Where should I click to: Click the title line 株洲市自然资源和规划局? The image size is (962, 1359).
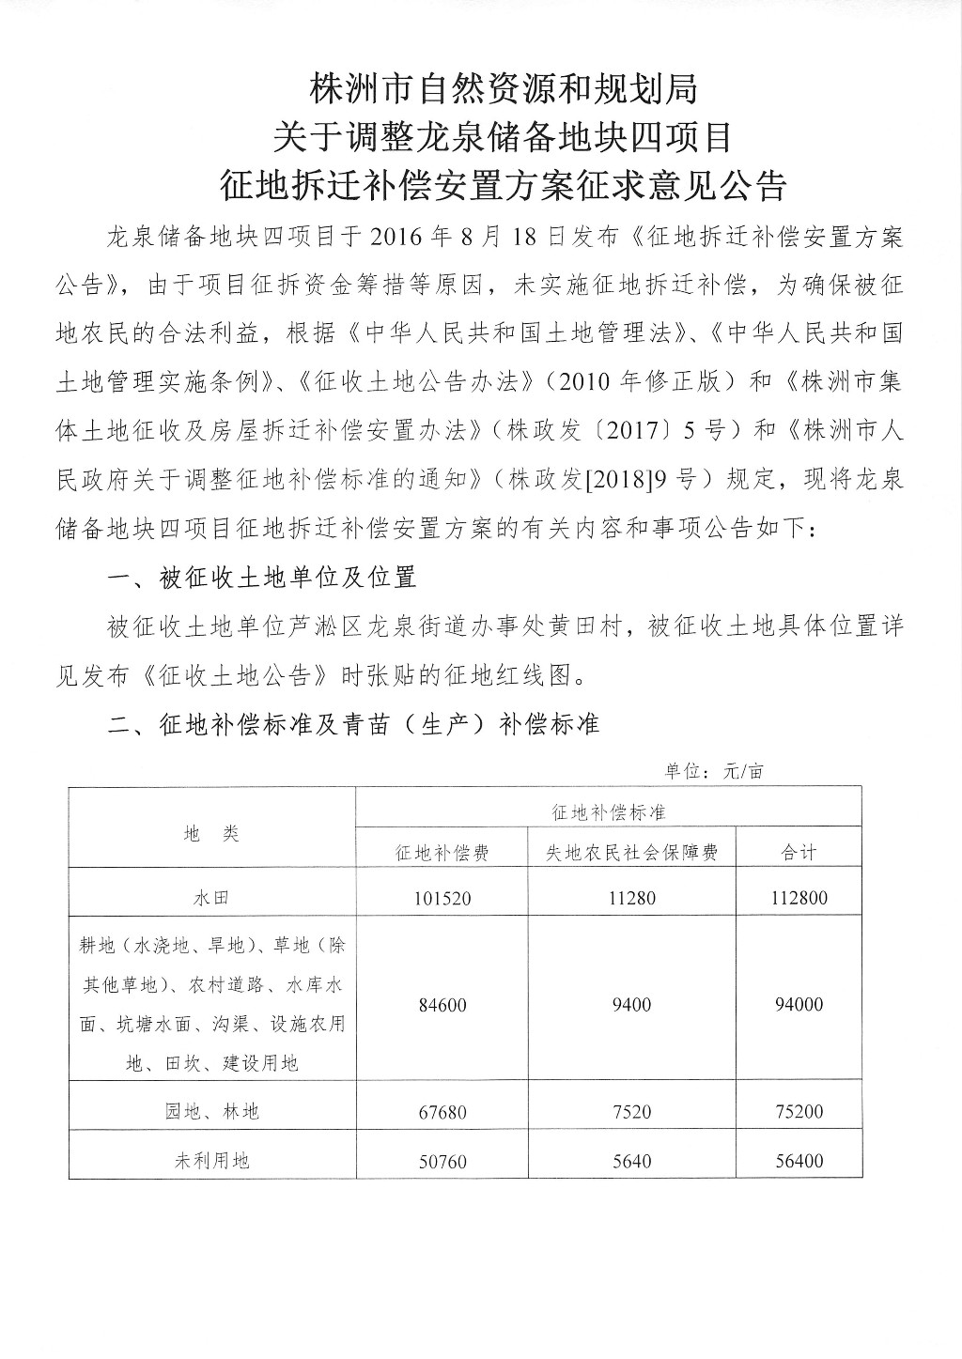504,90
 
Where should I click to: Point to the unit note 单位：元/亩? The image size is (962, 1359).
714,772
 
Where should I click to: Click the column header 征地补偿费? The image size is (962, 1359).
442,853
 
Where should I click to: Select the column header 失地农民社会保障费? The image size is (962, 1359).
632,853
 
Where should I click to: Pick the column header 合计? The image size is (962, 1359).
799,853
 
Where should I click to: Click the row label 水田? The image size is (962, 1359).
211,898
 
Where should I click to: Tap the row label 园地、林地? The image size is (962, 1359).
211,1112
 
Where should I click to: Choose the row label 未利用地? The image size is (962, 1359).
211,1161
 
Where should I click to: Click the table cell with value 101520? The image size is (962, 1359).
442,899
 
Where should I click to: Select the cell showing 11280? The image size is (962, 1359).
632,899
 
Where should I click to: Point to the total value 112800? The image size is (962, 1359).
799,899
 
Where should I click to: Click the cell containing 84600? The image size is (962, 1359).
442,1005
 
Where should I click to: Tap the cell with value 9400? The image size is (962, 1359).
632,1005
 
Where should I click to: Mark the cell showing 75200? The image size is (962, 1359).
799,1112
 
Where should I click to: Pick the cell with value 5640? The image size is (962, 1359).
632,1161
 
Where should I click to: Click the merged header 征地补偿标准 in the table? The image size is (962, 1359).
609,811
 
